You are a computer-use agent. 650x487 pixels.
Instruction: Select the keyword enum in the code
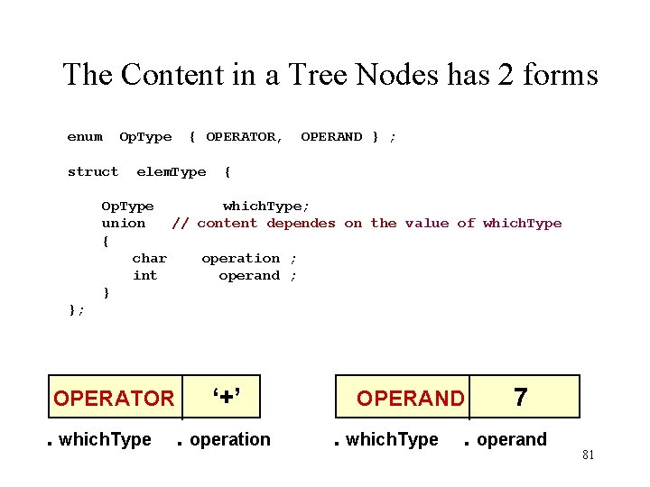85,137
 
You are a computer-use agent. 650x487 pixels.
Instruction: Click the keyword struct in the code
93,172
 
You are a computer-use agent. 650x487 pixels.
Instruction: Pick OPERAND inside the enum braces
331,137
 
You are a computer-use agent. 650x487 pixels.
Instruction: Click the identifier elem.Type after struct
172,172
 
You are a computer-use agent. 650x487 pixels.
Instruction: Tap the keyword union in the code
124,224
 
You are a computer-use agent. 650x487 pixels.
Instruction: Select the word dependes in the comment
302,224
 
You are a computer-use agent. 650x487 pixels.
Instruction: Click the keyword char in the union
149,259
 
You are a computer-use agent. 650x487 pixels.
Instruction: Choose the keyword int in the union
144,276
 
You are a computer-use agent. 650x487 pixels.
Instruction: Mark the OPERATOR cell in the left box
114,398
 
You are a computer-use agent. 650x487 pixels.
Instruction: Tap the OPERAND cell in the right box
410,398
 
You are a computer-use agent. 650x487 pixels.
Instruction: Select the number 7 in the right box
520,396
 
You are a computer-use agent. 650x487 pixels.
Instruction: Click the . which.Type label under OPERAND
385,440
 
